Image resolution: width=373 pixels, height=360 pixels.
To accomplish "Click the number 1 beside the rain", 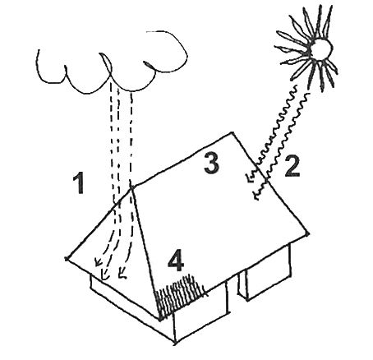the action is (80, 184).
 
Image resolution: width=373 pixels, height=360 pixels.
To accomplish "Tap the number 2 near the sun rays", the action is (292, 165).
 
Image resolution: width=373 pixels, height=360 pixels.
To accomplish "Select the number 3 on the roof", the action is (211, 164).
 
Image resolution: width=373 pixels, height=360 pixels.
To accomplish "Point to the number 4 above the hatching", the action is (176, 261).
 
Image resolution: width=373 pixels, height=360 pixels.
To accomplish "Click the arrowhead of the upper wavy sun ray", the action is (248, 176).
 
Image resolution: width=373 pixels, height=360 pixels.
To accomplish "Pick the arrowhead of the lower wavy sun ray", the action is (257, 195).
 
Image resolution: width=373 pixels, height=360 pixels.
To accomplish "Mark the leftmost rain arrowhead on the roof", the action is (97, 262).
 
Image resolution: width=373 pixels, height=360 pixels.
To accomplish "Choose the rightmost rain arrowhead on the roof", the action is (122, 275).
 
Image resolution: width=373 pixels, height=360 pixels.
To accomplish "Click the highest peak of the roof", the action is (233, 132).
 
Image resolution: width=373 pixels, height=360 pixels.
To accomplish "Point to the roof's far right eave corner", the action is (307, 233).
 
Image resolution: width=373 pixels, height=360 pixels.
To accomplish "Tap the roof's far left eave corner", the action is (67, 258).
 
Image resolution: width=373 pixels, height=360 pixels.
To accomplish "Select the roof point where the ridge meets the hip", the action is (131, 187).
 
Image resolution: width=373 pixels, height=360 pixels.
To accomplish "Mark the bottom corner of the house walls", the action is (175, 343).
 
